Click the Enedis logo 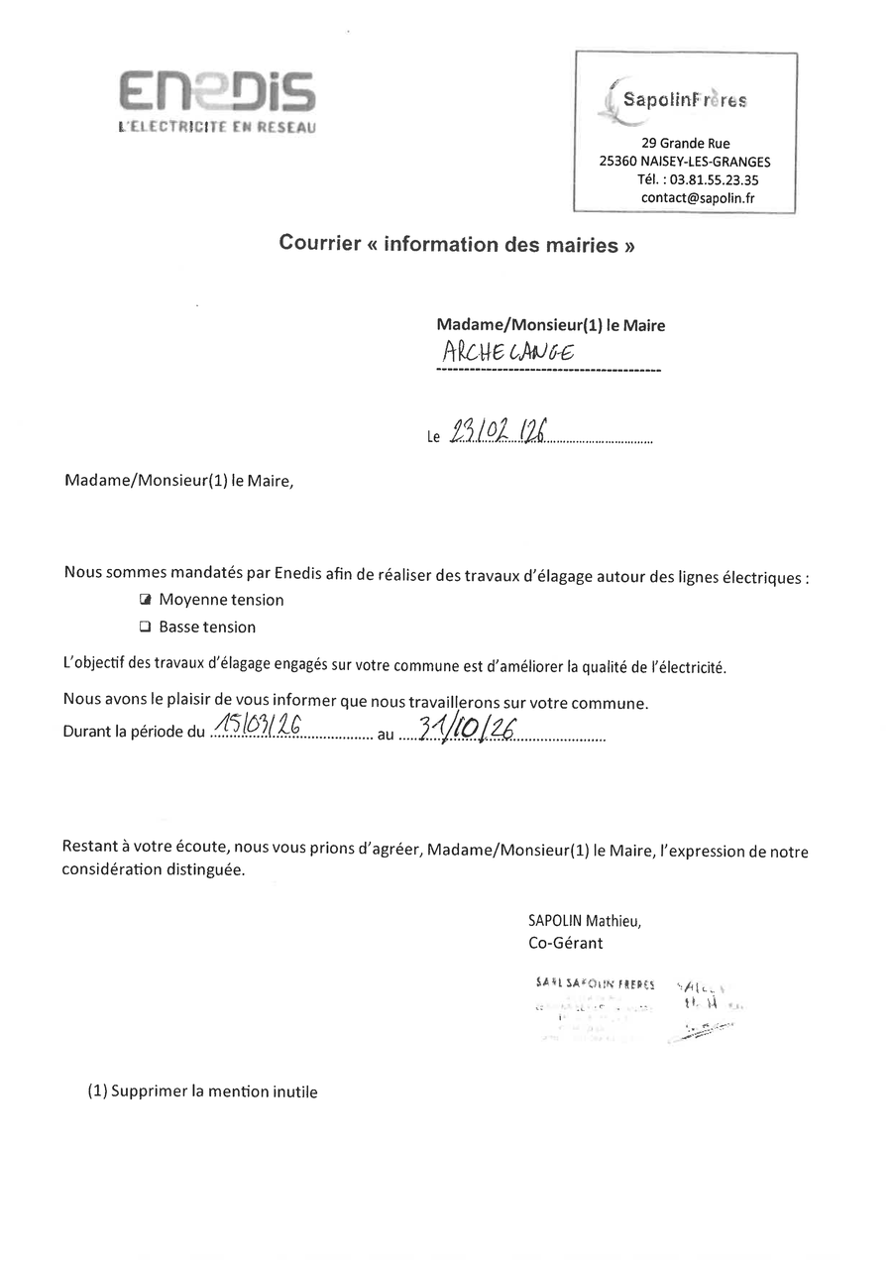coord(217,92)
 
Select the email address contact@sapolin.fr coord(698,197)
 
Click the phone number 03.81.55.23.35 coord(714,179)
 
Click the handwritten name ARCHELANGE coord(508,352)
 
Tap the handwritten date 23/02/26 coord(500,430)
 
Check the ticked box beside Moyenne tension coord(145,600)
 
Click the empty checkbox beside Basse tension coord(145,627)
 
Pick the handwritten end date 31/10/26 coord(466,729)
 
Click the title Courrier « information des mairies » coord(457,244)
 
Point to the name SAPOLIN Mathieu coord(585,920)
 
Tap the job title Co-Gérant coord(565,943)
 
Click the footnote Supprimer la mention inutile coord(214,1091)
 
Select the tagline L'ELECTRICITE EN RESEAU coord(217,127)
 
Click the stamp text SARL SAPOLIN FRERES coord(595,983)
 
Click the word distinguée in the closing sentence coord(203,868)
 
